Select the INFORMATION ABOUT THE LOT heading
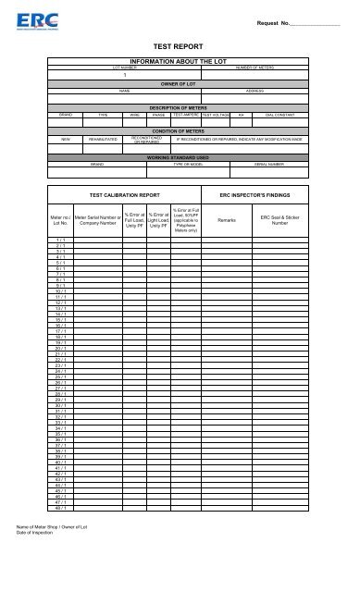180,60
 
